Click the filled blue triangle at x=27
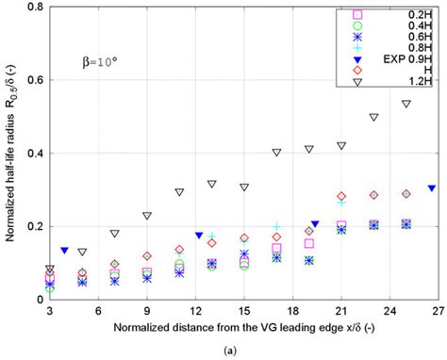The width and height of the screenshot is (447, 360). (x=432, y=188)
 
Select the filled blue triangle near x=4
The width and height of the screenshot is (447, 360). (x=64, y=251)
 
